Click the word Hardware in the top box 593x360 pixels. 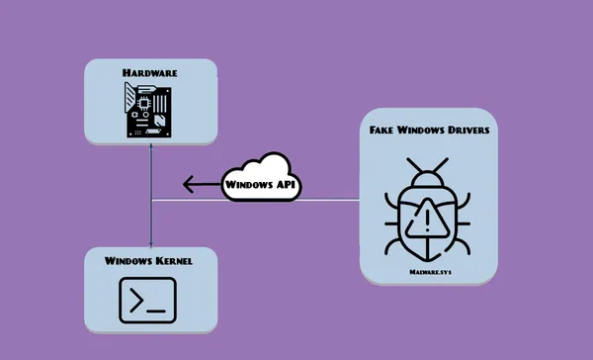coord(149,72)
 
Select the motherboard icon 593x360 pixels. coord(149,109)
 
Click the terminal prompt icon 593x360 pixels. coord(148,299)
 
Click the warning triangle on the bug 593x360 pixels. coord(427,215)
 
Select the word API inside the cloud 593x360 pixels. coord(285,184)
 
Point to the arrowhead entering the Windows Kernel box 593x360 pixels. coord(150,242)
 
